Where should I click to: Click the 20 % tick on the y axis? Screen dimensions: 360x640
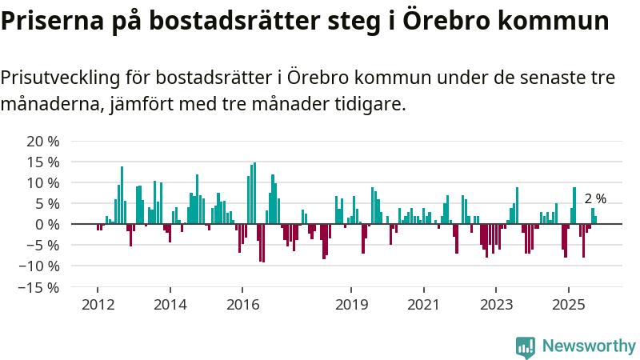tap(42, 142)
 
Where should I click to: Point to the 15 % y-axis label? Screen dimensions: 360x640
tap(42, 162)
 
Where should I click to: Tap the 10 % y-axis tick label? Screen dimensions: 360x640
tap(42, 183)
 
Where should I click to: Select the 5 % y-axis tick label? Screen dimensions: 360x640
tap(46, 204)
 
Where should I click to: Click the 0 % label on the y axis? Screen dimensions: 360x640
tap(46, 225)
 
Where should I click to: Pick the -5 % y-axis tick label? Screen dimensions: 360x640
tap(42, 246)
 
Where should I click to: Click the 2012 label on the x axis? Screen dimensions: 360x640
tap(98, 305)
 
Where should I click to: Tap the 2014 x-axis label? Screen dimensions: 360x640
tap(170, 305)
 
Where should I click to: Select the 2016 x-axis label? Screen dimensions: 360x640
tap(242, 305)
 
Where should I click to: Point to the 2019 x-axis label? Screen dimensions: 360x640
tap(350, 305)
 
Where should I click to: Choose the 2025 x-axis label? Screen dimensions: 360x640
tap(568, 305)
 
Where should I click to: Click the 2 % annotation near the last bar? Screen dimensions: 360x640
tap(595, 199)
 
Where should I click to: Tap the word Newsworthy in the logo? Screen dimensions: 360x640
tap(589, 346)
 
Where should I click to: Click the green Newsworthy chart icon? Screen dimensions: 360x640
tap(526, 346)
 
